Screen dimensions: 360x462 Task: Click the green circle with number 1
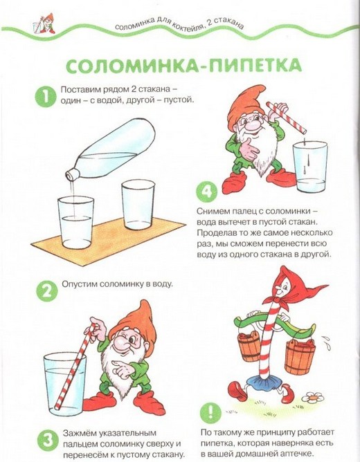pyautogui.click(x=46, y=96)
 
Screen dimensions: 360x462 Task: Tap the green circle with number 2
pyautogui.click(x=46, y=290)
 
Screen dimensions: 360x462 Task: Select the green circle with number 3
pyautogui.click(x=47, y=441)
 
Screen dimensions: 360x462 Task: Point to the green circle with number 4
pyautogui.click(x=207, y=192)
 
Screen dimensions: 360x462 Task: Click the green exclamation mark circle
pyautogui.click(x=210, y=412)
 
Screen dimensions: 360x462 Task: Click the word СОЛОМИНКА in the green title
pyautogui.click(x=132, y=66)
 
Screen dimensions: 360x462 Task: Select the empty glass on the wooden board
pyautogui.click(x=138, y=205)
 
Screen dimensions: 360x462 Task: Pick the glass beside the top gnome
pyautogui.click(x=310, y=167)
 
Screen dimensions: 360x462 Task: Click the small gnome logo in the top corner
pyautogui.click(x=44, y=23)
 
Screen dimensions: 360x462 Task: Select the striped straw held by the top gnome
pyautogui.click(x=287, y=118)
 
